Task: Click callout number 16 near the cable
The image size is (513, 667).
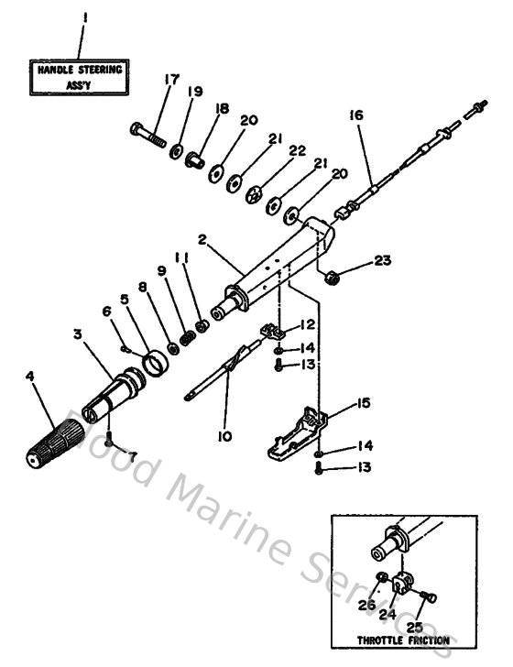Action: tap(355, 115)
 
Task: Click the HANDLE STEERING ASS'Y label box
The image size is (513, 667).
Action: tap(79, 75)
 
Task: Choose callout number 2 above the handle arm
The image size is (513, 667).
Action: tap(201, 237)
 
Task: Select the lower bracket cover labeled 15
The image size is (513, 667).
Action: tap(295, 434)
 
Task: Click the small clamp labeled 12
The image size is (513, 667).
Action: tap(270, 331)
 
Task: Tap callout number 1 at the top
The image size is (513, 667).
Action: tap(84, 17)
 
